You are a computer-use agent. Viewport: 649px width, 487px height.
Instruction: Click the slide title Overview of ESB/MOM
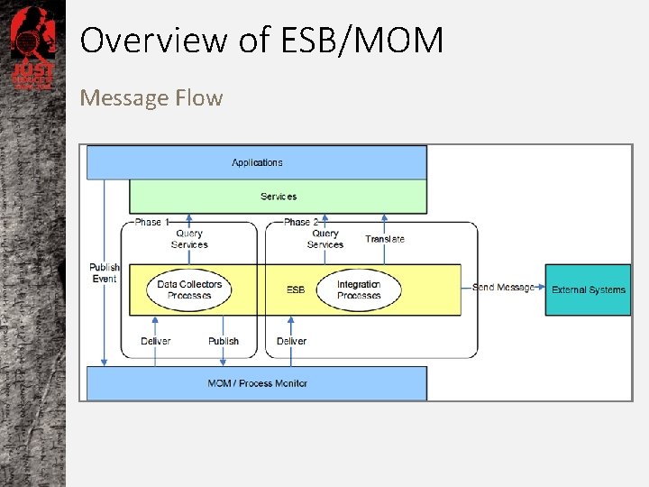tap(261, 41)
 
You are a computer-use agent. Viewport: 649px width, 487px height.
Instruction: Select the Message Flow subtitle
tap(151, 97)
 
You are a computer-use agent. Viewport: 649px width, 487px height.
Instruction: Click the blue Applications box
tap(257, 162)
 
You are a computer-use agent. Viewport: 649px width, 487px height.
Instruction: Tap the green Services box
tap(279, 197)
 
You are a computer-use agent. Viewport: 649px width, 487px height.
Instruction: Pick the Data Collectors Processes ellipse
tap(189, 289)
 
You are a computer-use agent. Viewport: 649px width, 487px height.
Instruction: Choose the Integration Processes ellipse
tap(359, 289)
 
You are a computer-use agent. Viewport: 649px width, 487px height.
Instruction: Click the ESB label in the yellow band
tap(296, 290)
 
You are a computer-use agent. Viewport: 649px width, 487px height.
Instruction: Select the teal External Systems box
tap(588, 289)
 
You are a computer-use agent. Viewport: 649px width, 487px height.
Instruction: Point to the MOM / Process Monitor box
tap(257, 383)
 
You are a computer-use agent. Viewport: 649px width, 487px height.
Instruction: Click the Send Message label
tap(503, 288)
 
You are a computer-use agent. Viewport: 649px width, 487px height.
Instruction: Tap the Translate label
tap(385, 239)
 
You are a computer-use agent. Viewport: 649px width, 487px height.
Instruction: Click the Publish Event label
tap(105, 273)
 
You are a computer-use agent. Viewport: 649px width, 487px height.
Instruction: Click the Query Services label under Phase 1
tap(189, 239)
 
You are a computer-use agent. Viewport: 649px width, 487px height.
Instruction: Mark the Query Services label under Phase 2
tap(325, 239)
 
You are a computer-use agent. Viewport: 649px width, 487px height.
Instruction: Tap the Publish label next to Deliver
tap(224, 341)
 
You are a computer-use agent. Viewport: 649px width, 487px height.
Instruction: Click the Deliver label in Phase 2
tap(291, 341)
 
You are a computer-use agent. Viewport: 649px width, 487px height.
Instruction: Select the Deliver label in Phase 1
tap(156, 341)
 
